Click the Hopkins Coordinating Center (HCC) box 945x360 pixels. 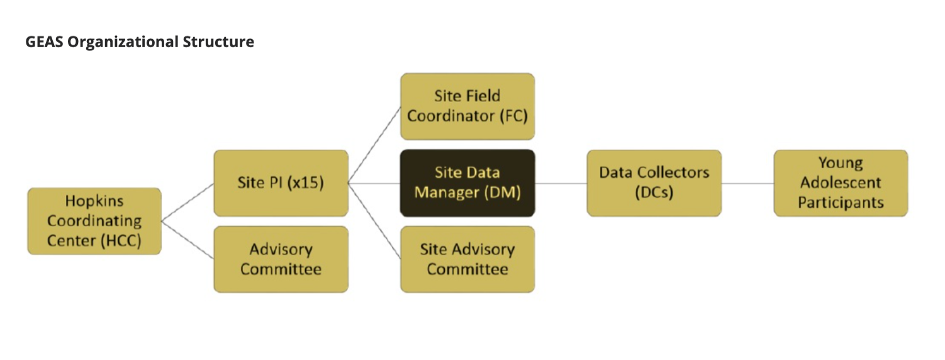pyautogui.click(x=94, y=221)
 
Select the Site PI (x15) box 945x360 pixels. pyautogui.click(x=281, y=183)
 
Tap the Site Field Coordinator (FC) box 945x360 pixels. pyautogui.click(x=467, y=106)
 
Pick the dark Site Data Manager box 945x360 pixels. pyautogui.click(x=467, y=183)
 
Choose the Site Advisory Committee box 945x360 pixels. pyautogui.click(x=467, y=259)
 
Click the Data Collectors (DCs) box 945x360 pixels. pyautogui.click(x=654, y=183)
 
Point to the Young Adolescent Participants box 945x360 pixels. pyautogui.click(x=841, y=183)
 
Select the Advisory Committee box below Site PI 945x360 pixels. pyautogui.click(x=281, y=259)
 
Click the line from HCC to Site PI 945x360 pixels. pyautogui.click(x=187, y=202)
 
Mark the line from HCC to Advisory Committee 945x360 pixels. pyautogui.click(x=187, y=240)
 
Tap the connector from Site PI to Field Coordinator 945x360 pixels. pyautogui.click(x=374, y=145)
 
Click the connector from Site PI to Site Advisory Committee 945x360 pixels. pyautogui.click(x=374, y=221)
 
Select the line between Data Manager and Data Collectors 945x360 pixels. pyautogui.click(x=561, y=184)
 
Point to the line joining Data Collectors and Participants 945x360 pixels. pyautogui.click(x=747, y=184)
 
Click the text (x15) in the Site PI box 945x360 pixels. pyautogui.click(x=305, y=183)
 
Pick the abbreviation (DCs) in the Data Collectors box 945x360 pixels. pyautogui.click(x=654, y=193)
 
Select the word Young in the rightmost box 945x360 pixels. pyautogui.click(x=841, y=164)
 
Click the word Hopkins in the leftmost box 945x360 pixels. pyautogui.click(x=94, y=201)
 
